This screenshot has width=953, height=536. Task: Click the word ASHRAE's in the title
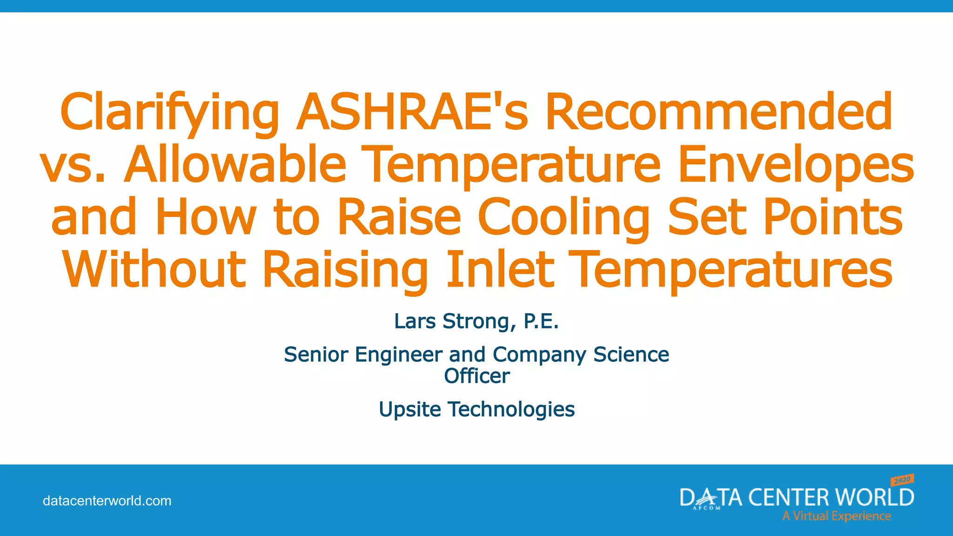(x=412, y=112)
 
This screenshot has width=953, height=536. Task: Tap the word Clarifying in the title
(x=169, y=112)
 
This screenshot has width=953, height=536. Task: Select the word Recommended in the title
(x=718, y=112)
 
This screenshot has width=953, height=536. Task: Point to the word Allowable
(x=235, y=164)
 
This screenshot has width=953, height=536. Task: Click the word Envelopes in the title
(x=796, y=164)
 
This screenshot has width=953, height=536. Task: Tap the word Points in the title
(x=833, y=217)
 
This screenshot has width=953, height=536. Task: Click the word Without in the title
(x=154, y=269)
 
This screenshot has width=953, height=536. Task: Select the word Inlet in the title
(x=500, y=269)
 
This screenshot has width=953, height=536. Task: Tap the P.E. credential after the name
(x=541, y=321)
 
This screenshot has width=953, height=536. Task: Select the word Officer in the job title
(x=476, y=375)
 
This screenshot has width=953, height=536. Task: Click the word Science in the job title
(x=631, y=355)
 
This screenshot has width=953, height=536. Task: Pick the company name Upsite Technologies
(x=476, y=409)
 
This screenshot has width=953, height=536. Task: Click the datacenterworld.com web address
(x=107, y=501)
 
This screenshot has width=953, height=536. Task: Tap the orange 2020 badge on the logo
(x=902, y=480)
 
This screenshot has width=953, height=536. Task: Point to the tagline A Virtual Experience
(x=836, y=516)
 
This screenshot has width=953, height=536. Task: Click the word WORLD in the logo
(x=874, y=497)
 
